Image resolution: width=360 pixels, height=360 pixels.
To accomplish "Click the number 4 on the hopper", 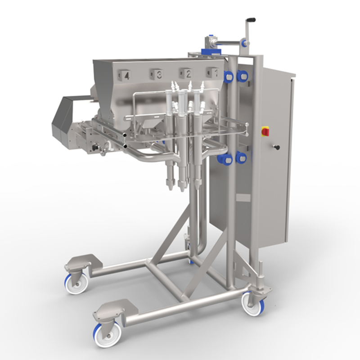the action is (127, 76).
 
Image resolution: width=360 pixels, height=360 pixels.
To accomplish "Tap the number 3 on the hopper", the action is (159, 74).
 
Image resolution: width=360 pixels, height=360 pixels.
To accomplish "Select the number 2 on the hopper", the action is (189, 74).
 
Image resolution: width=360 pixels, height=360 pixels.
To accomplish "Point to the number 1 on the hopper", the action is (216, 72).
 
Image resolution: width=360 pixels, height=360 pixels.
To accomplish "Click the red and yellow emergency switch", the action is (265, 131).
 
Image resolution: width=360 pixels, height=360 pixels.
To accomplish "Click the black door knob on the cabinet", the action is (277, 147).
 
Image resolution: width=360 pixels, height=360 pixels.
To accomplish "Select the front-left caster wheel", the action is (108, 334).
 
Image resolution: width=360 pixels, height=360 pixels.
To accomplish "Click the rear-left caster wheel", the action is (76, 284).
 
